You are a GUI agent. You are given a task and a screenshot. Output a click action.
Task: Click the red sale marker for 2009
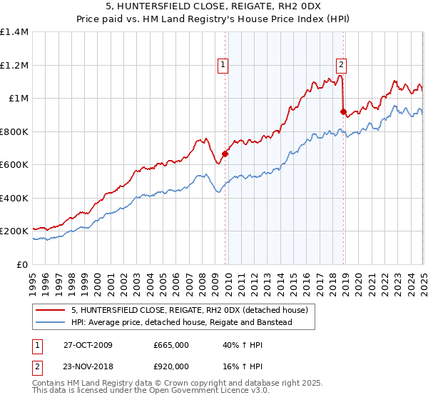pos(225,154)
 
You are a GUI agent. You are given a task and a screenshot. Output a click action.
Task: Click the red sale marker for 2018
pos(343,111)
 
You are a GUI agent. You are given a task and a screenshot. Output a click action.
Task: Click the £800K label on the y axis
pos(14,131)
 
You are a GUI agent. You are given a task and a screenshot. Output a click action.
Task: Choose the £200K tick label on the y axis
pos(14,231)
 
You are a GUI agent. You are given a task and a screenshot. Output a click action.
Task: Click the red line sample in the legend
pos(51,311)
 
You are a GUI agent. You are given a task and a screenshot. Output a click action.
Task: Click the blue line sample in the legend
pos(51,323)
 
